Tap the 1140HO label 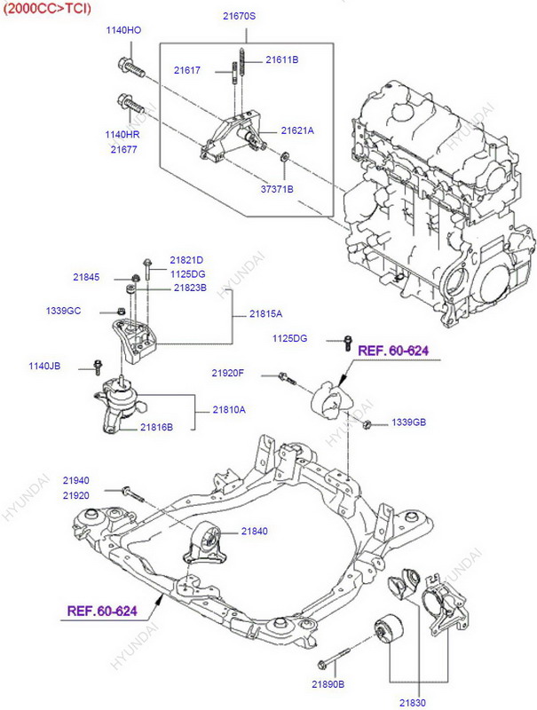coord(123,30)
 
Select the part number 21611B coord(282,59)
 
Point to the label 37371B coord(277,189)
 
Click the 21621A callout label coord(297,130)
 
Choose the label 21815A coord(265,314)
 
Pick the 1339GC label coord(63,311)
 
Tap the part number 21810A coord(229,409)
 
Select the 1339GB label coord(409,422)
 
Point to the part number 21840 coord(254,531)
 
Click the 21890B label coord(328,684)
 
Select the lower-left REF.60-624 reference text coord(103,611)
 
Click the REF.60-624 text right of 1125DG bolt coord(393,351)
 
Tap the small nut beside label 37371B coord(283,159)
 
